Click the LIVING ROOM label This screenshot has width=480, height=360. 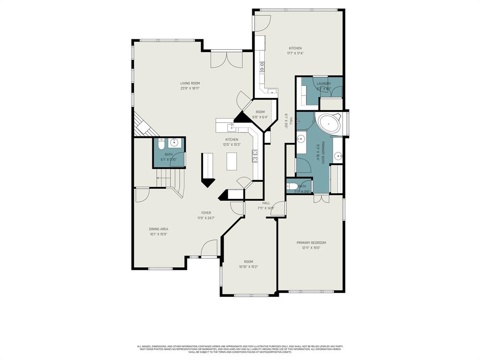point(190,83)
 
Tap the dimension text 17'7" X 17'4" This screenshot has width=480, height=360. point(295,53)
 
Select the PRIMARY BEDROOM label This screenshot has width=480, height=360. point(311,242)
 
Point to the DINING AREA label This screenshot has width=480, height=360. point(158,229)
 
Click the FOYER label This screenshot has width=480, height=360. point(206,213)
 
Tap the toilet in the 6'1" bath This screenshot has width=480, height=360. point(161,144)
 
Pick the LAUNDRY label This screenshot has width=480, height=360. point(323,83)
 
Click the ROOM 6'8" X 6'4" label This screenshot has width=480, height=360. point(260,112)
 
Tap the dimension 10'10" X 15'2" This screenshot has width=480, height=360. point(248,267)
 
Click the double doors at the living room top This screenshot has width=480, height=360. point(226,60)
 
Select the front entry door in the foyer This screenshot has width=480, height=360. point(210,249)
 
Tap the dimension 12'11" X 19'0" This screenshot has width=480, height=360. point(311,248)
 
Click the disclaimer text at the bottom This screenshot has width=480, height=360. point(240,349)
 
